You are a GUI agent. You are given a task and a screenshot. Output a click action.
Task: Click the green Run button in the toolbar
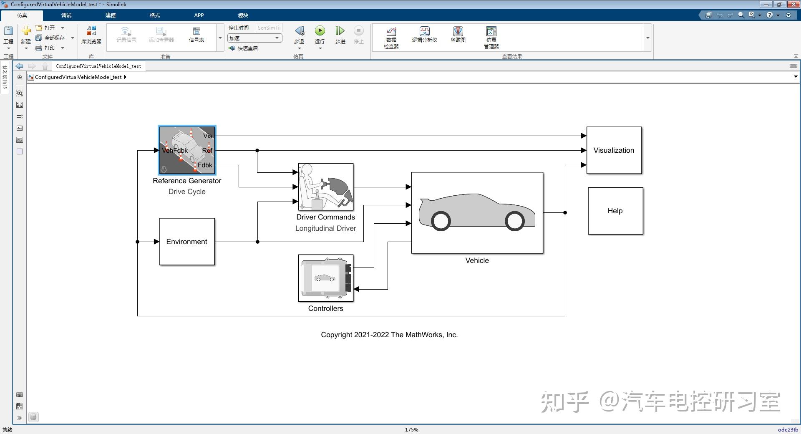click(320, 31)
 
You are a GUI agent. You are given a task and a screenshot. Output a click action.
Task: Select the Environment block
click(187, 242)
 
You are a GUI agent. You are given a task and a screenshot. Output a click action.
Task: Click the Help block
click(615, 211)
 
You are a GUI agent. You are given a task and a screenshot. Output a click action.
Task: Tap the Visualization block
click(614, 150)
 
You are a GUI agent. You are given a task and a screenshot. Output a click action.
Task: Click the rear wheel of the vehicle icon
click(441, 221)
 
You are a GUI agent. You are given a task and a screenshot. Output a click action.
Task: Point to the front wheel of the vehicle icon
click(514, 221)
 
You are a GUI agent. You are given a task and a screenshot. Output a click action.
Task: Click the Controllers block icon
click(325, 278)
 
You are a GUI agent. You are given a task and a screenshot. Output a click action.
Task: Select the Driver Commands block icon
click(325, 187)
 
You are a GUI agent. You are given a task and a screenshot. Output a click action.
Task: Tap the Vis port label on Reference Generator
click(207, 136)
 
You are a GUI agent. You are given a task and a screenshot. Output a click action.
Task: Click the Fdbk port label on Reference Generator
click(205, 165)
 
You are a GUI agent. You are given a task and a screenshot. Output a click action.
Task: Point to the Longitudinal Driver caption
click(325, 228)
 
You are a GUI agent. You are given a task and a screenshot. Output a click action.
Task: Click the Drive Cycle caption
click(187, 192)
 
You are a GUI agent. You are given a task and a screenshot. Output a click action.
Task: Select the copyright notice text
click(389, 335)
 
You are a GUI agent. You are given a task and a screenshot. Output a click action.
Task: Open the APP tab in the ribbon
click(199, 15)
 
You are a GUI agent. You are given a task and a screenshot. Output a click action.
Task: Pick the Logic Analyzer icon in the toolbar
click(424, 31)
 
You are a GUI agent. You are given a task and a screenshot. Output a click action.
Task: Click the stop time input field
click(269, 28)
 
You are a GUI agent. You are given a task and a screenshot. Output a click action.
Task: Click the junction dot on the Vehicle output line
click(565, 212)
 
